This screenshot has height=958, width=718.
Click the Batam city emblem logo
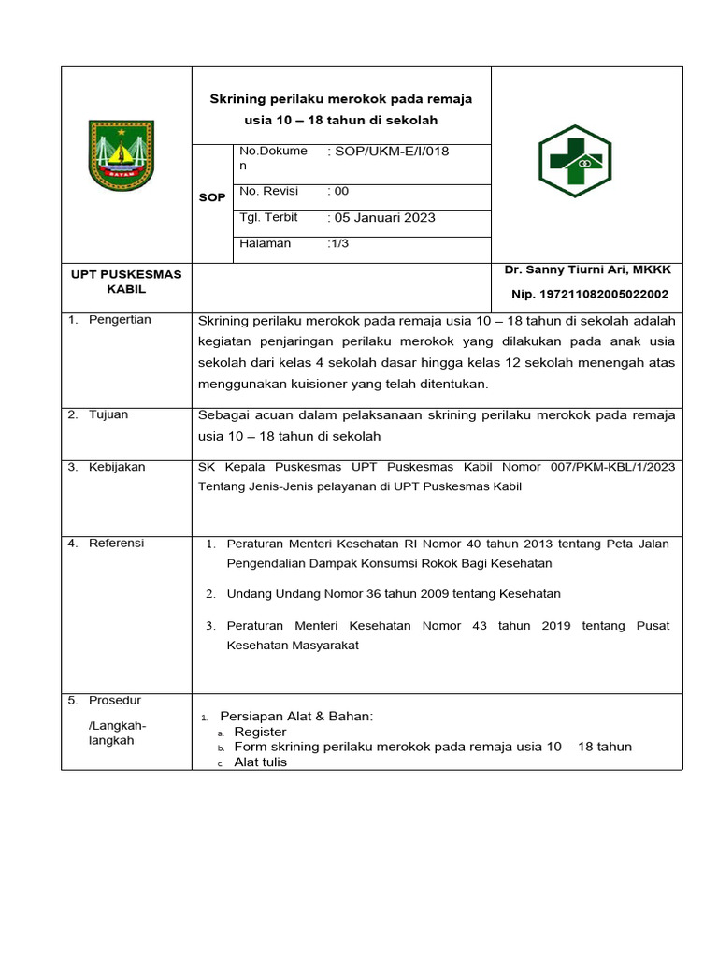(x=121, y=155)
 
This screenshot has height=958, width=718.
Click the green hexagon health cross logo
(x=574, y=160)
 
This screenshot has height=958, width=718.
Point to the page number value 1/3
(x=338, y=243)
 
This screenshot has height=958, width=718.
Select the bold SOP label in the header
(x=212, y=197)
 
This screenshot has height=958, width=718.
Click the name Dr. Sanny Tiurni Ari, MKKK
(x=588, y=269)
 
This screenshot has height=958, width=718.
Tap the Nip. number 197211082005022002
(x=590, y=294)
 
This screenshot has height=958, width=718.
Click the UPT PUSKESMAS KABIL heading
(x=126, y=282)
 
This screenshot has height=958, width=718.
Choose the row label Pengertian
(x=120, y=320)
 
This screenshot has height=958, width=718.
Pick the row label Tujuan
(x=108, y=414)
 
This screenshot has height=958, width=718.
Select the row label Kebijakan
(x=117, y=467)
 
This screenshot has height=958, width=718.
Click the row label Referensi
(x=117, y=543)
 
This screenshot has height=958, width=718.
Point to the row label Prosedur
(x=115, y=700)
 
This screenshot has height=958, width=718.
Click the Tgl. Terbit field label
(x=269, y=217)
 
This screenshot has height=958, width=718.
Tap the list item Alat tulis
(x=261, y=762)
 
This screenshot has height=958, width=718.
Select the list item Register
(x=260, y=732)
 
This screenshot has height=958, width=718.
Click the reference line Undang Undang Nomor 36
(x=394, y=594)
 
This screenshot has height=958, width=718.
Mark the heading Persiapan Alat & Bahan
(x=296, y=717)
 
